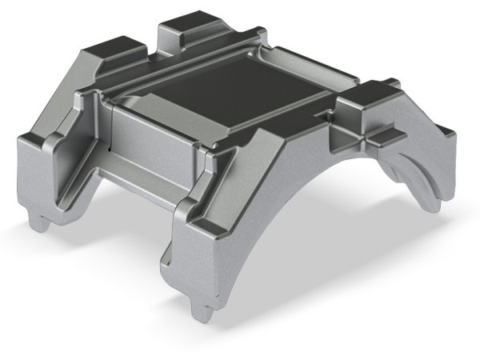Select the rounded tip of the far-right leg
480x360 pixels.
[432, 204]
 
